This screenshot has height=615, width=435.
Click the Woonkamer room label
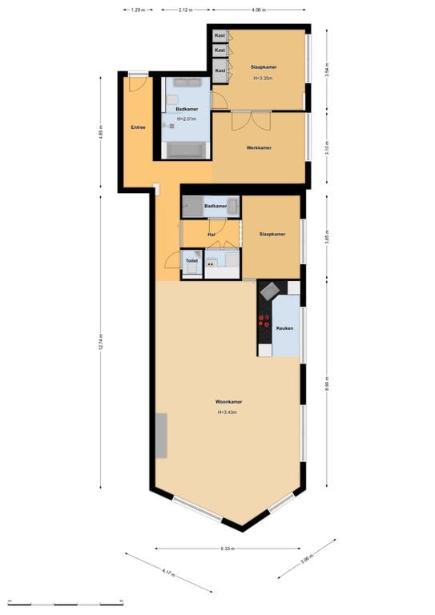click(x=228, y=401)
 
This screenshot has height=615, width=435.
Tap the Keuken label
click(x=284, y=328)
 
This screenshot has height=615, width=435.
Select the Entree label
click(x=138, y=127)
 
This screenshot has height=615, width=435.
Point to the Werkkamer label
click(x=258, y=148)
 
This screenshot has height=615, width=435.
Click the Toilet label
click(x=191, y=261)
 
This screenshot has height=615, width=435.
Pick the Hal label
click(x=211, y=235)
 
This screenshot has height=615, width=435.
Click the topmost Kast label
click(x=220, y=36)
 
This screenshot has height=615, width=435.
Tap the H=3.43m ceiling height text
click(x=228, y=412)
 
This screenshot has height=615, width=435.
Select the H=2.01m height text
click(x=186, y=119)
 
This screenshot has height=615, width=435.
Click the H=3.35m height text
click(x=263, y=78)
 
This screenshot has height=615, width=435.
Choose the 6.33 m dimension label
click(x=229, y=549)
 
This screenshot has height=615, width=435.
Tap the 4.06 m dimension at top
click(x=257, y=10)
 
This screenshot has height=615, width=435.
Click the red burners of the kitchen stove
click(x=264, y=321)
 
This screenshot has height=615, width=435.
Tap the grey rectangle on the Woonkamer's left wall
click(x=161, y=436)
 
